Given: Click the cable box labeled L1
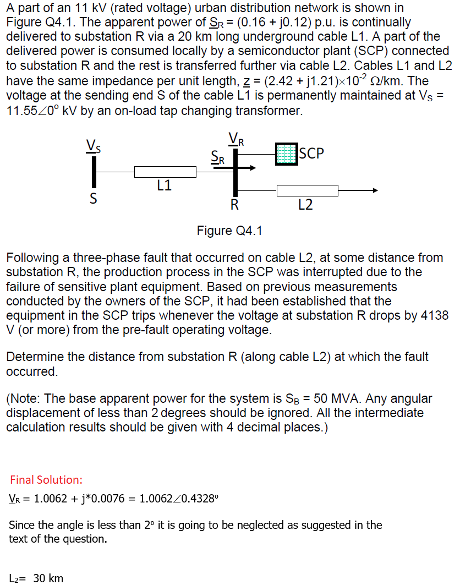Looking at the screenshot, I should click(165, 172).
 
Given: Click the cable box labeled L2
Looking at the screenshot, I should click(307, 191).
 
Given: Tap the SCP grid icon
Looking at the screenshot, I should click(286, 154).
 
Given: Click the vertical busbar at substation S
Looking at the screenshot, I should click(94, 172).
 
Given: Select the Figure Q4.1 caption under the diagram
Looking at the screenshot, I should click(229, 231).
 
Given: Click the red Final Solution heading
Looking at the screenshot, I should click(46, 480).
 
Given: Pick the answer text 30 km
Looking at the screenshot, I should click(48, 578).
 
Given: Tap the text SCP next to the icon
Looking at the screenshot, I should click(312, 152).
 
